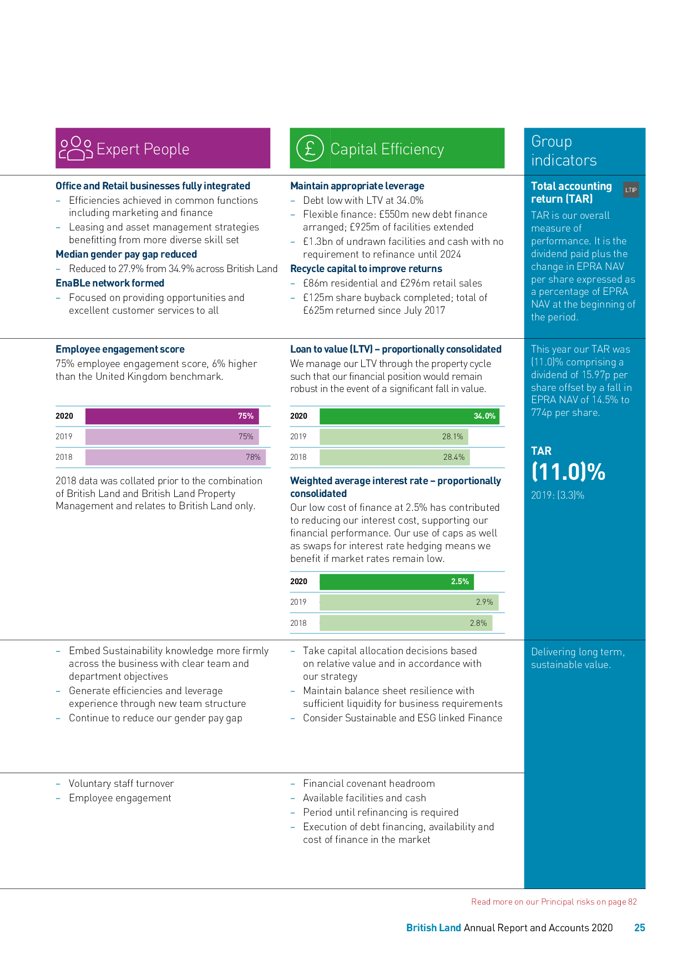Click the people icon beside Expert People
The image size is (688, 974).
point(76,148)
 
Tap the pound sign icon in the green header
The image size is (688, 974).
point(310,148)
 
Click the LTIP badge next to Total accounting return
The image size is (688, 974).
point(631,190)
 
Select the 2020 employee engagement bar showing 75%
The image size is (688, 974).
point(172,416)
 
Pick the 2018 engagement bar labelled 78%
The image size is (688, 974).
point(175,457)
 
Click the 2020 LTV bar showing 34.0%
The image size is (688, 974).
point(409,416)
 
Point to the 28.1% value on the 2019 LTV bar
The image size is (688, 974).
point(452,436)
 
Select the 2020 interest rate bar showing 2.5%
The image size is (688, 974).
point(396,581)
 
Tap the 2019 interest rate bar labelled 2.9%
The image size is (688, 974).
point(409,602)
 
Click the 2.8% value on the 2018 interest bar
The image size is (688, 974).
point(478,623)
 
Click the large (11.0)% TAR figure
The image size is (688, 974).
point(568,472)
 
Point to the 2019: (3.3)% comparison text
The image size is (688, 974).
point(557,495)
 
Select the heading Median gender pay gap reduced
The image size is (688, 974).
point(126,254)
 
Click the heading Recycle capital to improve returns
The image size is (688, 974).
point(366,269)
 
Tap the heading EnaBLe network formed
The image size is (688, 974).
point(110,283)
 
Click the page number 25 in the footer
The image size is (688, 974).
point(639,928)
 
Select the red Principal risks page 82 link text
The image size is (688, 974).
point(554,902)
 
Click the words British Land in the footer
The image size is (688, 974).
point(433,928)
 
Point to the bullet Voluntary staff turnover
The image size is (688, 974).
point(121,784)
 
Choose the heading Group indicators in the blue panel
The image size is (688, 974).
point(563,150)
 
